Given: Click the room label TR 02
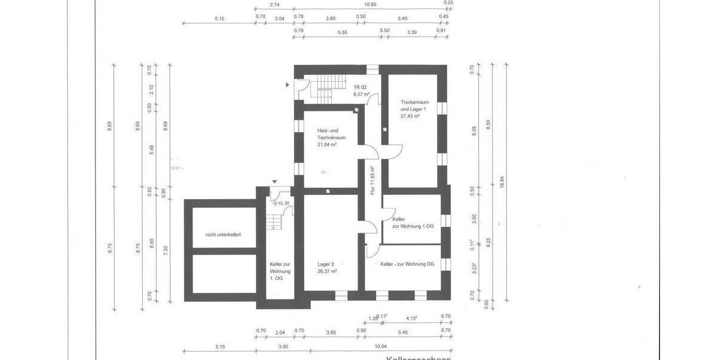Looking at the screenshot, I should (360, 88).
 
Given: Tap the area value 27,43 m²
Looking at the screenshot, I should (409, 116).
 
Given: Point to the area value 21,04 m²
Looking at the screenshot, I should (328, 144).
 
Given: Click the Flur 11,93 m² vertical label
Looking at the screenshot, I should (373, 181).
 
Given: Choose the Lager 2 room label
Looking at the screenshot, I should (326, 263).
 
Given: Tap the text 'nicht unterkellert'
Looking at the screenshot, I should (223, 235).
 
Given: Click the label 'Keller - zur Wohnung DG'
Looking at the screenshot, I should (407, 264).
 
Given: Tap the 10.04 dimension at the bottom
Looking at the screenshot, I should (380, 346).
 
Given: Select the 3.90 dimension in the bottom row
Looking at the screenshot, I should (283, 346).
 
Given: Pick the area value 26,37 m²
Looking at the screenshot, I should (327, 271).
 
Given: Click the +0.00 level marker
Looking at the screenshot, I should (283, 203).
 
